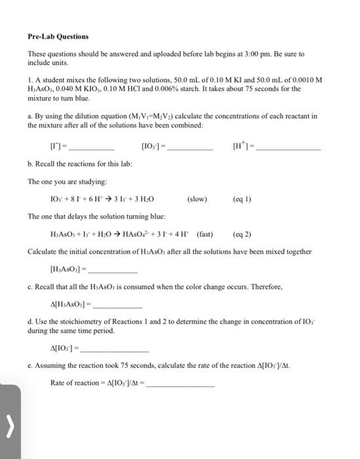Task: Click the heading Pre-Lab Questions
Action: click(58, 37)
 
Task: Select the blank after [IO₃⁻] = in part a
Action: click(190, 148)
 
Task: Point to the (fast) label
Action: click(201, 234)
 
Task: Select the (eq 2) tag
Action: click(242, 234)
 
